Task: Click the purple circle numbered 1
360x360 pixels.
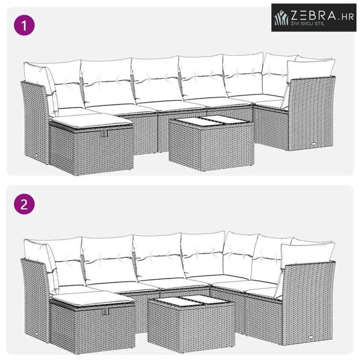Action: [x=25, y=25]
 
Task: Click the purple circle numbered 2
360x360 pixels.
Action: [x=25, y=204]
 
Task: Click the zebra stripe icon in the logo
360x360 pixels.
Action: [x=282, y=17]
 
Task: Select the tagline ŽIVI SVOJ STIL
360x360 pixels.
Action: [x=308, y=23]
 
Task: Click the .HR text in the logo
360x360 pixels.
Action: [x=346, y=17]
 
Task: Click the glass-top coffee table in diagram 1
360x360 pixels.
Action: [x=211, y=143]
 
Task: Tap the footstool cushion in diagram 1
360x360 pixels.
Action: [x=91, y=121]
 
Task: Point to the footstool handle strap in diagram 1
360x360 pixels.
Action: [x=105, y=134]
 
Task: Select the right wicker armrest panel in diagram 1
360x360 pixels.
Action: [x=311, y=114]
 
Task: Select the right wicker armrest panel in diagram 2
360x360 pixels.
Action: [x=308, y=303]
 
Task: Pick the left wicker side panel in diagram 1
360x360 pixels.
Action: [x=35, y=122]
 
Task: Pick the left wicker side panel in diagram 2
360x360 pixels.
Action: [x=35, y=300]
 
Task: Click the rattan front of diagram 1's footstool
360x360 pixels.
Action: [x=103, y=151]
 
